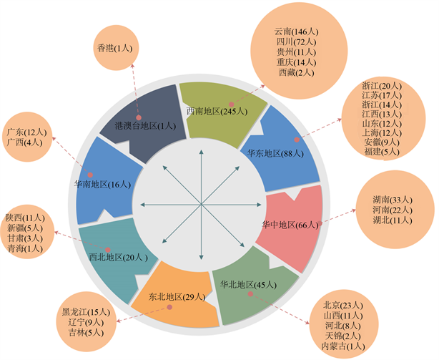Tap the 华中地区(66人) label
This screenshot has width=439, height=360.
pos(289,224)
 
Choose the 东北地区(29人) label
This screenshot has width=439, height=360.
pos(175,296)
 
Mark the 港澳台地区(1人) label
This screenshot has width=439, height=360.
pos(145,125)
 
